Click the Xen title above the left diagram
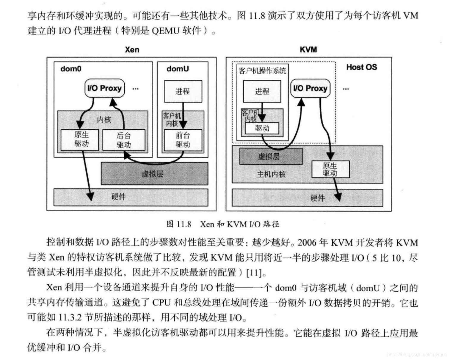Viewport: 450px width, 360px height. tap(132, 49)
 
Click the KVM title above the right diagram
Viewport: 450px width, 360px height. tap(308, 49)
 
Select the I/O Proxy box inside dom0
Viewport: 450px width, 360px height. tap(104, 88)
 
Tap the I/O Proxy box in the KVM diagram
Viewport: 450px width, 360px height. tap(310, 88)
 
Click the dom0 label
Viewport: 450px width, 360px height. tap(71, 69)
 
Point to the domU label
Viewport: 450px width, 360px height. tap(178, 69)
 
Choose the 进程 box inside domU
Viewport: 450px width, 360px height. tap(183, 91)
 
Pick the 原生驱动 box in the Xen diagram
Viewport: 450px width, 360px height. tap(81, 139)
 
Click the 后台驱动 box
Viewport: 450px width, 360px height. tap(123, 140)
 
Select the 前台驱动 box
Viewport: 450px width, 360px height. tap(183, 140)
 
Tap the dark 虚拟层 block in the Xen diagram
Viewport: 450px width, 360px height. tap(154, 174)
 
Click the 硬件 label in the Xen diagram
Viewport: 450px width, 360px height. tap(118, 196)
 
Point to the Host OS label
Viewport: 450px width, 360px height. tap(361, 67)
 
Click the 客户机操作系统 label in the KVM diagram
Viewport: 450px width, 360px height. tap(262, 71)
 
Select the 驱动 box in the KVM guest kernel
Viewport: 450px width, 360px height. tap(262, 128)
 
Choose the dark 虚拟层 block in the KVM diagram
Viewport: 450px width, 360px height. tap(271, 156)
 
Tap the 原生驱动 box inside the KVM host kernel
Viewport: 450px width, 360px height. tap(330, 169)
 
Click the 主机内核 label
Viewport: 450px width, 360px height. tap(271, 174)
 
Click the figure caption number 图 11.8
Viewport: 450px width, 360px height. tap(179, 224)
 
